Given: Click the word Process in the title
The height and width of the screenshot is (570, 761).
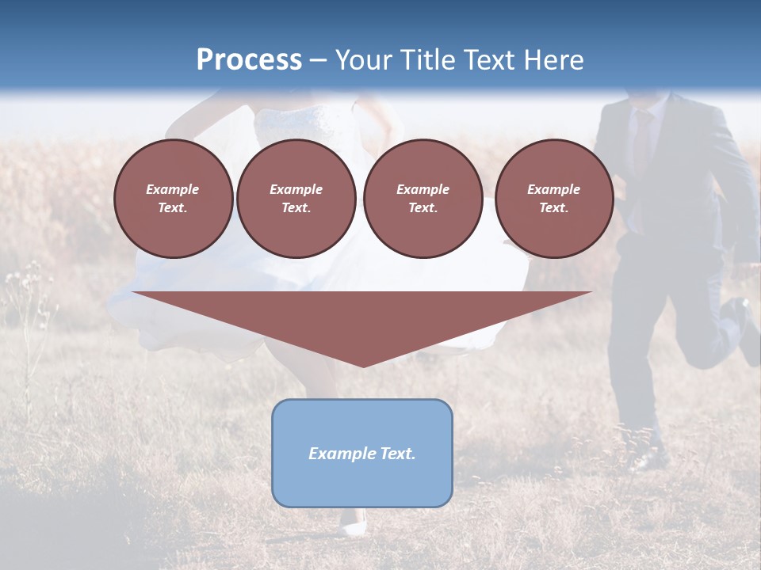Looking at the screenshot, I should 249,60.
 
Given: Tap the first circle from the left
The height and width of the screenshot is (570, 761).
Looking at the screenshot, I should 173,198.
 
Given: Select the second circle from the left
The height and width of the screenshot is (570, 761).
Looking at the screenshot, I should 296,198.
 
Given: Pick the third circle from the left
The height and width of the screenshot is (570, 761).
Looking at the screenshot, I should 423,198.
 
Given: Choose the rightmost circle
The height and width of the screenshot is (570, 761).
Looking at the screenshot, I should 553,198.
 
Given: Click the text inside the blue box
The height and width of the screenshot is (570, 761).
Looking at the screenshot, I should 361,454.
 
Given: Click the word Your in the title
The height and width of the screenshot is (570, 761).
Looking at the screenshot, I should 363,60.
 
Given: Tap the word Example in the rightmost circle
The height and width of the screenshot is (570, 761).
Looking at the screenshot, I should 553,189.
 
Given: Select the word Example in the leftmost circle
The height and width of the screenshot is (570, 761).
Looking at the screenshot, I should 173,189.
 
